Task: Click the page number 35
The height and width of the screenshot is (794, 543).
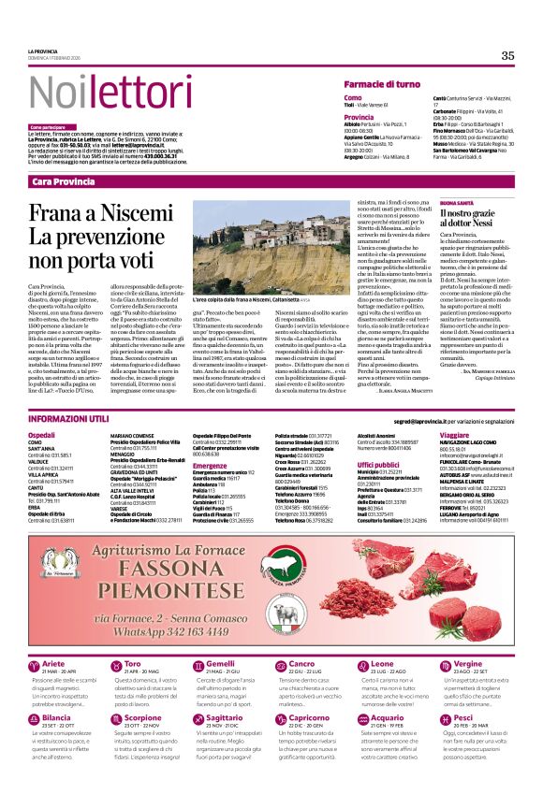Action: point(507,56)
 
